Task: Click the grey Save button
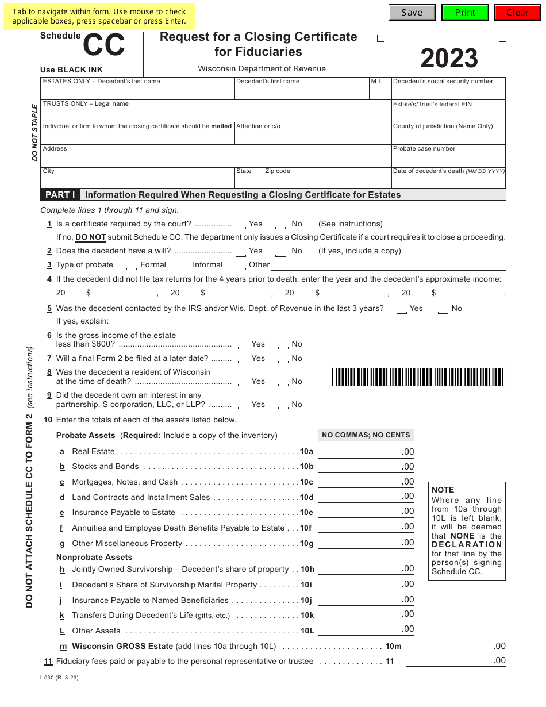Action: coord(412,13)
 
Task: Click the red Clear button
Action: coord(517,13)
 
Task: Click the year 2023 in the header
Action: coord(449,59)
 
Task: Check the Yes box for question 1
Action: coord(241,225)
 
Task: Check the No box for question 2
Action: coord(281,252)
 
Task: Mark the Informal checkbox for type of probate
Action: coord(184,266)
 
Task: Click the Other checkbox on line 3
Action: coord(241,266)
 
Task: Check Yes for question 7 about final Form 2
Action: coord(243,360)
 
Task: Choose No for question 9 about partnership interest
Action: coord(283,406)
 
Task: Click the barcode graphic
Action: coord(417,377)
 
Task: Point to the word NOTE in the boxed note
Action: coord(443,490)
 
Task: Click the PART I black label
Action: coord(60,195)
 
